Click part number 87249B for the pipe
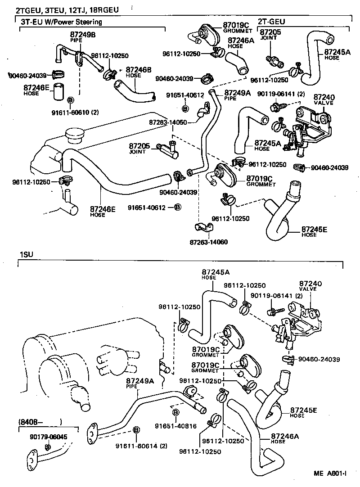(83, 35)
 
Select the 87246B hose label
(139, 70)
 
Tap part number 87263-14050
(168, 122)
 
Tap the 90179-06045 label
(49, 437)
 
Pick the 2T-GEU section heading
(271, 22)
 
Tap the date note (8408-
(31, 422)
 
